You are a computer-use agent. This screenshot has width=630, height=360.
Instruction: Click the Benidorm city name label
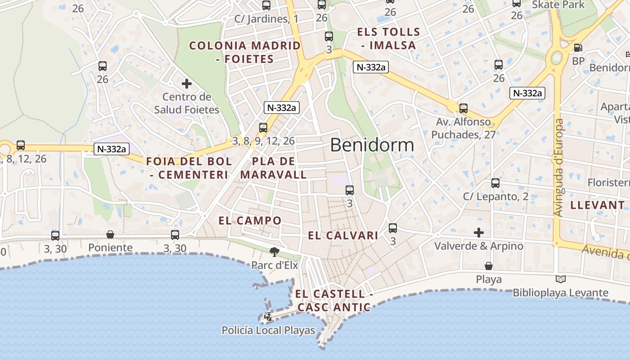coord(372,145)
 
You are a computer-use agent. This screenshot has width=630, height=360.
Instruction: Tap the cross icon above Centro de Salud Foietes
coord(186,83)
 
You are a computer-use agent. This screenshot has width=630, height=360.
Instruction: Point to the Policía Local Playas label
coord(268,330)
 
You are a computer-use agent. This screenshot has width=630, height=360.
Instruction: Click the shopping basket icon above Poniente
coord(110,234)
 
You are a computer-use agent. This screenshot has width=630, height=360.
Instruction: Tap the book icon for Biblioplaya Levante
coord(560,279)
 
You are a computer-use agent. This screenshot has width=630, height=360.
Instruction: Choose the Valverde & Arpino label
coord(478,246)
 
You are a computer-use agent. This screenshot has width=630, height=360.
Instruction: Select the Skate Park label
coord(558,5)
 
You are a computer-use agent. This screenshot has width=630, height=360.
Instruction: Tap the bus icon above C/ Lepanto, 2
coord(495,183)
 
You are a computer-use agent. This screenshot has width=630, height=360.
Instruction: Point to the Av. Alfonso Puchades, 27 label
coord(463,128)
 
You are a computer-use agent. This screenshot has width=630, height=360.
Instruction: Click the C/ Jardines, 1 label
coord(266,19)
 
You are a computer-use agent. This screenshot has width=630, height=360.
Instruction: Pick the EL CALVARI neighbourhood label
coord(343,235)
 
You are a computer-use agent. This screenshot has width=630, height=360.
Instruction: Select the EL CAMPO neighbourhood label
coord(250,220)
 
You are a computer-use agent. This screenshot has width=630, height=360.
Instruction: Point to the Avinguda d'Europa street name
coord(559,167)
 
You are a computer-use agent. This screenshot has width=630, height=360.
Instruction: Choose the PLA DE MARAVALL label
coord(274,168)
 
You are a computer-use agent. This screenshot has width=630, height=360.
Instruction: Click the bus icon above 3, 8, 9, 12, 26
coord(263,128)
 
